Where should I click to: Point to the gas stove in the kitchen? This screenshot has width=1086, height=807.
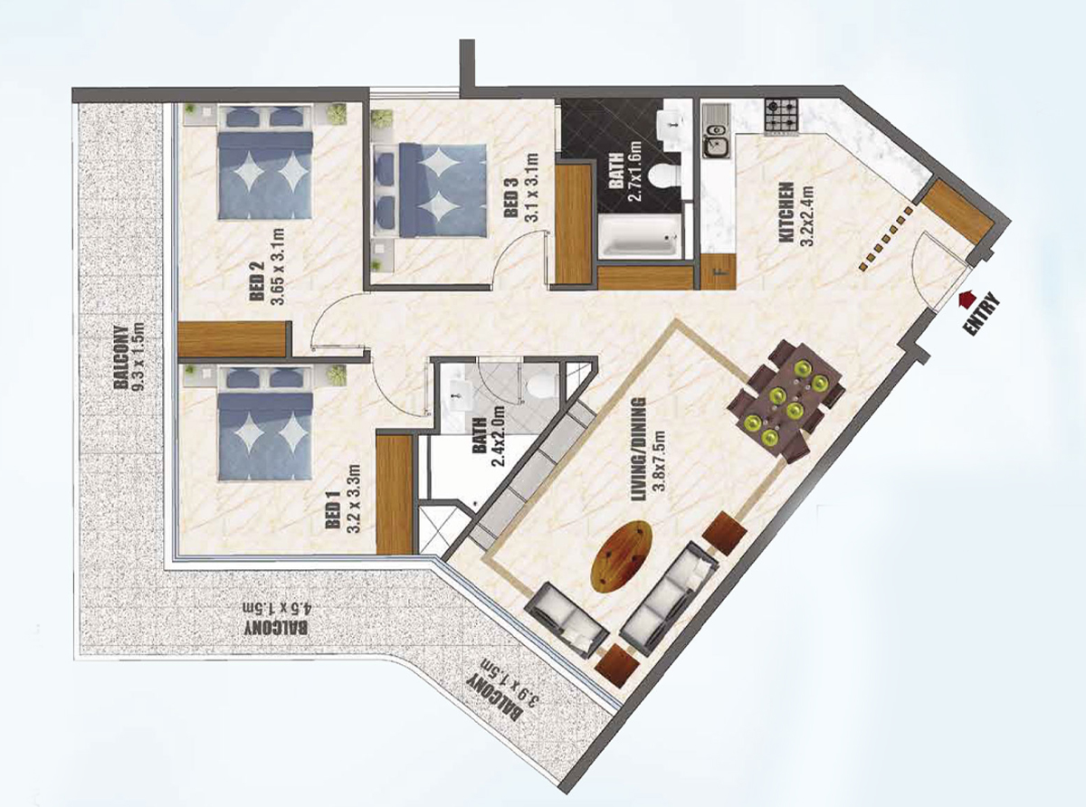pyautogui.click(x=782, y=116)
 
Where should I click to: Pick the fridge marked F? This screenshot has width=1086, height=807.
pyautogui.click(x=719, y=271)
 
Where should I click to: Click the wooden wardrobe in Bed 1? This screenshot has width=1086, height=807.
pyautogui.click(x=395, y=495)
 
